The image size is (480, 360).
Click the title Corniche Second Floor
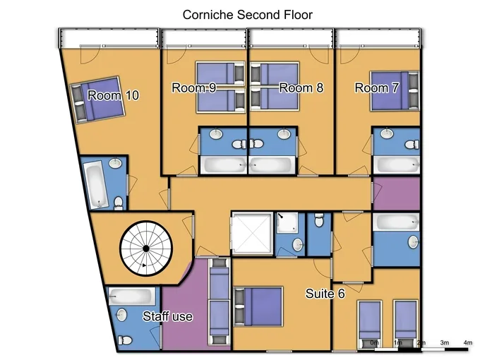247,15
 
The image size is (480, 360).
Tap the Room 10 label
113,95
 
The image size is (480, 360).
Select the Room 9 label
194,88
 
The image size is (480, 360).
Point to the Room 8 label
301,88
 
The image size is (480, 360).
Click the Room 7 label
376,88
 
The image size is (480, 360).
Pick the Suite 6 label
325,294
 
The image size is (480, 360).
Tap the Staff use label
168,316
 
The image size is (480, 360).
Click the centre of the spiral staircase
146,248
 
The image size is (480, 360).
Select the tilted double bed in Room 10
97,100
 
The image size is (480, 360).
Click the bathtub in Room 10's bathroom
96,185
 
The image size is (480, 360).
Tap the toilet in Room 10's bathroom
118,203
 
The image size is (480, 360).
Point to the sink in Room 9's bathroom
217,133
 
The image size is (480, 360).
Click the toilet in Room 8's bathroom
256,143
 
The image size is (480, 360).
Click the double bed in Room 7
395,90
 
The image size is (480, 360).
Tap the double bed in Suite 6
258,306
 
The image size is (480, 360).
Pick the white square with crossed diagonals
251,233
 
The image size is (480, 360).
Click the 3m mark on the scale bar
445,342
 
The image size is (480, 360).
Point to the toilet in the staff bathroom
125,340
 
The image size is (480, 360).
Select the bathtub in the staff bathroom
132,296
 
